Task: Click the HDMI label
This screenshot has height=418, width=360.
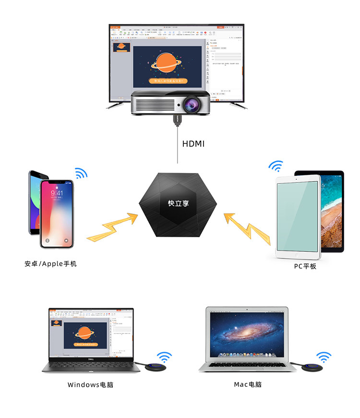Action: click(193, 143)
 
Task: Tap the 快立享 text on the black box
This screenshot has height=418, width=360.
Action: click(179, 203)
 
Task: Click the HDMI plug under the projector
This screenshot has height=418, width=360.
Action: click(177, 119)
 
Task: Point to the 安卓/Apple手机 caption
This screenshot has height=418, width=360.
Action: click(50, 264)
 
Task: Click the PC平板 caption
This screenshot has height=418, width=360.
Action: click(306, 266)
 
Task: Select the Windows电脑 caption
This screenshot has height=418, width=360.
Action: click(91, 384)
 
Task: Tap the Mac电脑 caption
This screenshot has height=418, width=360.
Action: click(248, 384)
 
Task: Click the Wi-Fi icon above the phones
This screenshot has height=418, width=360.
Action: click(81, 173)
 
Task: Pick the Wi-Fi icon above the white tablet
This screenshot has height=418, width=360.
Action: click(276, 167)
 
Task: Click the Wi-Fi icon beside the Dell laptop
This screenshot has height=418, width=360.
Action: click(165, 357)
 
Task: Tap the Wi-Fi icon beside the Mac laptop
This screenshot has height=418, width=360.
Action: click(324, 357)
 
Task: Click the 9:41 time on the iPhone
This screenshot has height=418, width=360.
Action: click(57, 193)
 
